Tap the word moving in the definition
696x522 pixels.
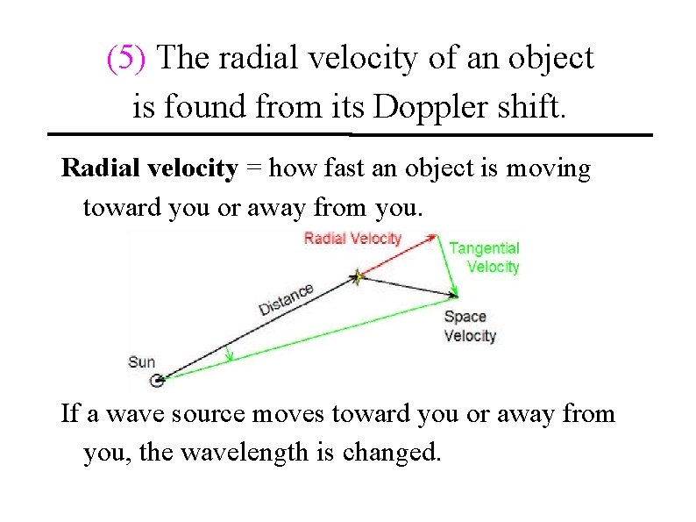tap(550, 169)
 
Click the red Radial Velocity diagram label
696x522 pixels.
tap(352, 239)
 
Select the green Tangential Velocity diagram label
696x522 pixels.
tap(485, 258)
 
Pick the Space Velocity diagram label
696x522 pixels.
tap(470, 326)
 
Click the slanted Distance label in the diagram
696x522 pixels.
tap(286, 299)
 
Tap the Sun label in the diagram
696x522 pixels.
tap(141, 361)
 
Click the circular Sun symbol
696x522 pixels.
tap(158, 380)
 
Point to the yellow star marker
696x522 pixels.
tap(358, 277)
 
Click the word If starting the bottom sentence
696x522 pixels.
tap(70, 412)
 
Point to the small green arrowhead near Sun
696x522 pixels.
tap(230, 355)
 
